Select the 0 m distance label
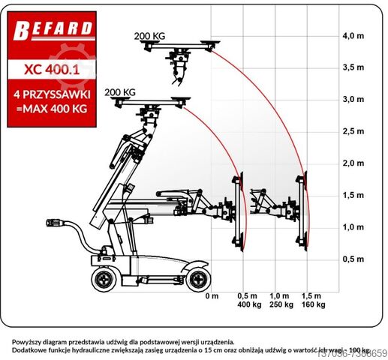[213, 296]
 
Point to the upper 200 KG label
[149, 36]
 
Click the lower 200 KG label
[120, 92]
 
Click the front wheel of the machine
[198, 280]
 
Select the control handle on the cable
[57, 223]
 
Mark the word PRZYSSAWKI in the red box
[67, 96]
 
